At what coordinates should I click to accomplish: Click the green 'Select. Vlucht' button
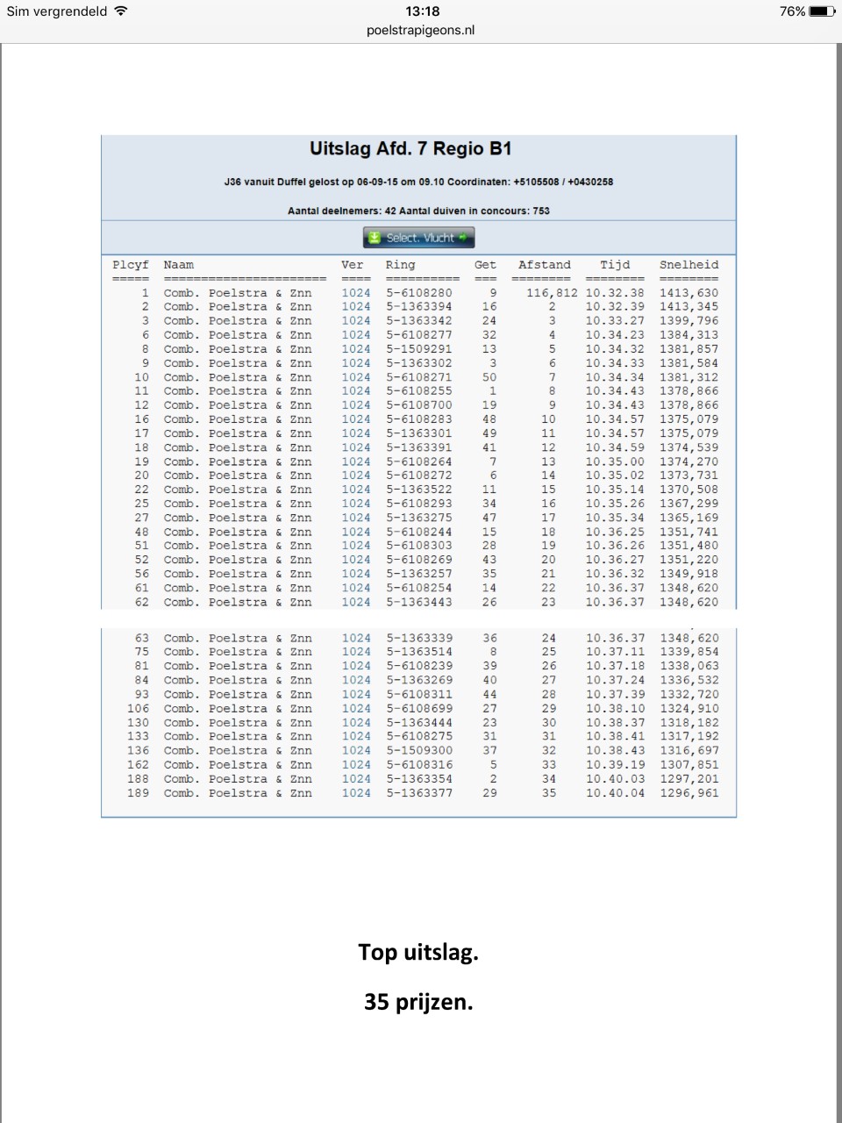click(419, 238)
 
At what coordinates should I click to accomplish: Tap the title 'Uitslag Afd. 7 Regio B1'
click(410, 149)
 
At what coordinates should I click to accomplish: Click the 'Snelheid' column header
click(689, 265)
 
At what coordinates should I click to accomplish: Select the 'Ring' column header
click(400, 265)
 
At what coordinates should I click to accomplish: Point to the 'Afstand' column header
click(544, 265)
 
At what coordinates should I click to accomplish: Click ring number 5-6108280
click(419, 293)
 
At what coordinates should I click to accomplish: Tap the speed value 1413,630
click(689, 293)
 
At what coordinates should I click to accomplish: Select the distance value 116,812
click(552, 293)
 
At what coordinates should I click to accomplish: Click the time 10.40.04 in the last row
click(615, 793)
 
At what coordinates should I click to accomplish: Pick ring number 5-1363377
click(419, 793)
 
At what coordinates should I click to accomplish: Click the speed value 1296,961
click(689, 793)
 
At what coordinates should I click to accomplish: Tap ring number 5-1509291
click(419, 349)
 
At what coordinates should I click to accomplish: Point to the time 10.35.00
click(615, 461)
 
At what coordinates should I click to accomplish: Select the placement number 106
click(138, 709)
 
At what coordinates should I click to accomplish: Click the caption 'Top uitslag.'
click(418, 953)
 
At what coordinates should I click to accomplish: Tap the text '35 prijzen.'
click(418, 1002)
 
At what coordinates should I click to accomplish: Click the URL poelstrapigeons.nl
click(421, 30)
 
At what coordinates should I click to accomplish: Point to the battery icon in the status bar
click(823, 11)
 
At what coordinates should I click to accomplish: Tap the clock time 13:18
click(422, 11)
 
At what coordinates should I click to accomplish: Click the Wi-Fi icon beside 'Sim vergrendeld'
click(121, 11)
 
